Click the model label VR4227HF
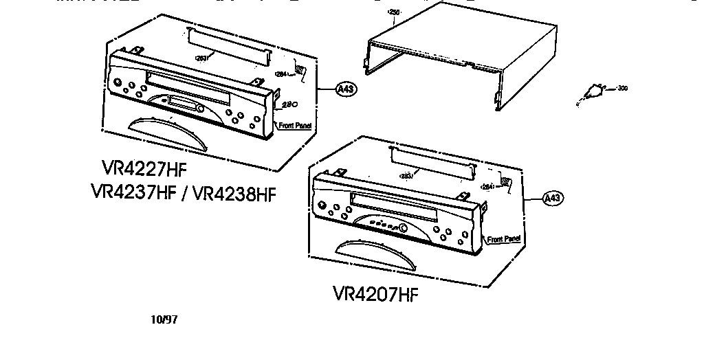(x=144, y=169)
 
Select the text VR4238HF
(x=234, y=193)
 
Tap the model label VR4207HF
(x=375, y=294)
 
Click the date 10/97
(x=163, y=319)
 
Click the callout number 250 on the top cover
(x=393, y=12)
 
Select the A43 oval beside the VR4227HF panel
(x=346, y=89)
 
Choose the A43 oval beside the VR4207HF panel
(x=553, y=198)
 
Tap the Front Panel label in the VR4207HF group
(x=504, y=239)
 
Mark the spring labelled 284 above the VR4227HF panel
(x=300, y=69)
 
